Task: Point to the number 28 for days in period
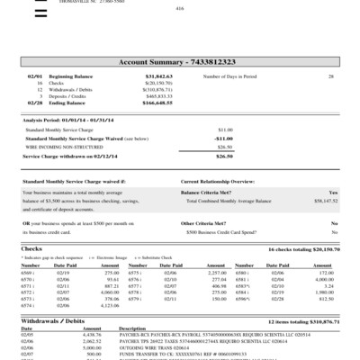coord(330,77)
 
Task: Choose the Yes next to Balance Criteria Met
coord(333,193)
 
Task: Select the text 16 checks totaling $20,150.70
coord(303,247)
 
